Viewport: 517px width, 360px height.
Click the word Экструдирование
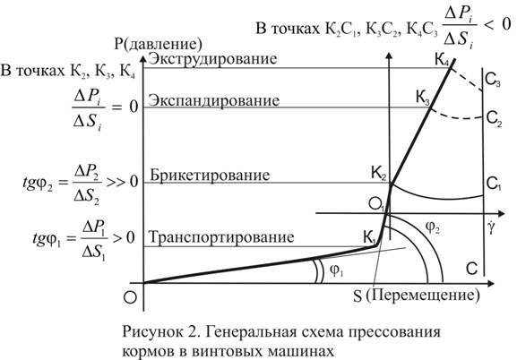212,59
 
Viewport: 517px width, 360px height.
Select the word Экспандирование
213,100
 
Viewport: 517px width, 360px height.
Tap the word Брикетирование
210,175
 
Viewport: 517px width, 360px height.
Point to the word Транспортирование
221,237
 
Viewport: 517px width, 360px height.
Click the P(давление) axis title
159,44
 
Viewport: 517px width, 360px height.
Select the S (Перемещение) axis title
417,296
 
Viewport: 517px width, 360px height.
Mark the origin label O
130,297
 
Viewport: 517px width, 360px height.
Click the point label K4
442,61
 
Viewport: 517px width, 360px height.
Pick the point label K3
423,98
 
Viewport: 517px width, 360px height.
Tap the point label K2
379,174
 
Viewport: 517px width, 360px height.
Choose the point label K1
369,237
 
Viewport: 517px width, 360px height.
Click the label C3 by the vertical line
493,80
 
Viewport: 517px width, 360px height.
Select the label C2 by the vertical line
494,118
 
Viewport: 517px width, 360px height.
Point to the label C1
494,184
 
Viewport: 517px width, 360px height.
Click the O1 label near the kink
376,205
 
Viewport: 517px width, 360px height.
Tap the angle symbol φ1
337,270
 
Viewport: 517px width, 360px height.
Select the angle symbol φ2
433,227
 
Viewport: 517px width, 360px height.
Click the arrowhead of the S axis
490,283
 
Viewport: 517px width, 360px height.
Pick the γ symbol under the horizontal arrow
491,227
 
